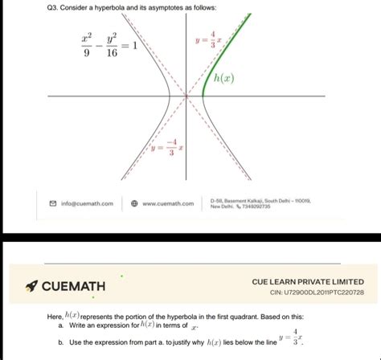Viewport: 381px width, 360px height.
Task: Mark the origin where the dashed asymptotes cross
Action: [187, 96]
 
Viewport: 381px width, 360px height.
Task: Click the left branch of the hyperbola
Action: [165, 96]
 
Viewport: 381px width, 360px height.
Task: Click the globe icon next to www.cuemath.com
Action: [135, 203]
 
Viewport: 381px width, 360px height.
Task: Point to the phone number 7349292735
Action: [255, 207]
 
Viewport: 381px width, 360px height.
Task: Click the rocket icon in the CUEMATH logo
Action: [30, 286]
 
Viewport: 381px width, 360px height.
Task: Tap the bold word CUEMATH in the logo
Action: [74, 286]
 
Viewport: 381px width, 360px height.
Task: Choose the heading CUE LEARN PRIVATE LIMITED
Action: [308, 281]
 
